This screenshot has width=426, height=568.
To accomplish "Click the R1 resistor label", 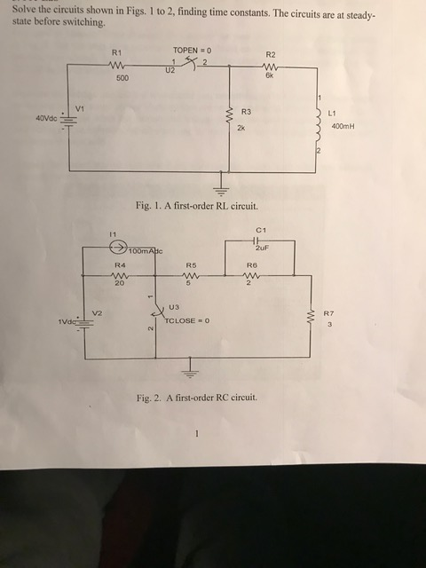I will point(117,53).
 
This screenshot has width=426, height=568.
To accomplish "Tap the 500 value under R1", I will point(122,78).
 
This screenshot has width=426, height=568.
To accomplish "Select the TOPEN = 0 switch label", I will point(192,50).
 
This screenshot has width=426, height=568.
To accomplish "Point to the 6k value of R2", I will point(269,76).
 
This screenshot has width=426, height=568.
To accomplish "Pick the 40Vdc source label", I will point(47,118).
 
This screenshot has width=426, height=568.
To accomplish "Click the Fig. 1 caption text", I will point(197,206).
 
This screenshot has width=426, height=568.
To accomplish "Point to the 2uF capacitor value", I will point(261,248).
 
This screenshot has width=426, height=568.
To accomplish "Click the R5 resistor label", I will point(191,265).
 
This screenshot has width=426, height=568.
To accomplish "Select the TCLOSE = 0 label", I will point(186,320).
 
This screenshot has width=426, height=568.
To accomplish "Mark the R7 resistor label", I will point(328,312).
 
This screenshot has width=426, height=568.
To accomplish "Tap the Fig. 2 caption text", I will point(197,398).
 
